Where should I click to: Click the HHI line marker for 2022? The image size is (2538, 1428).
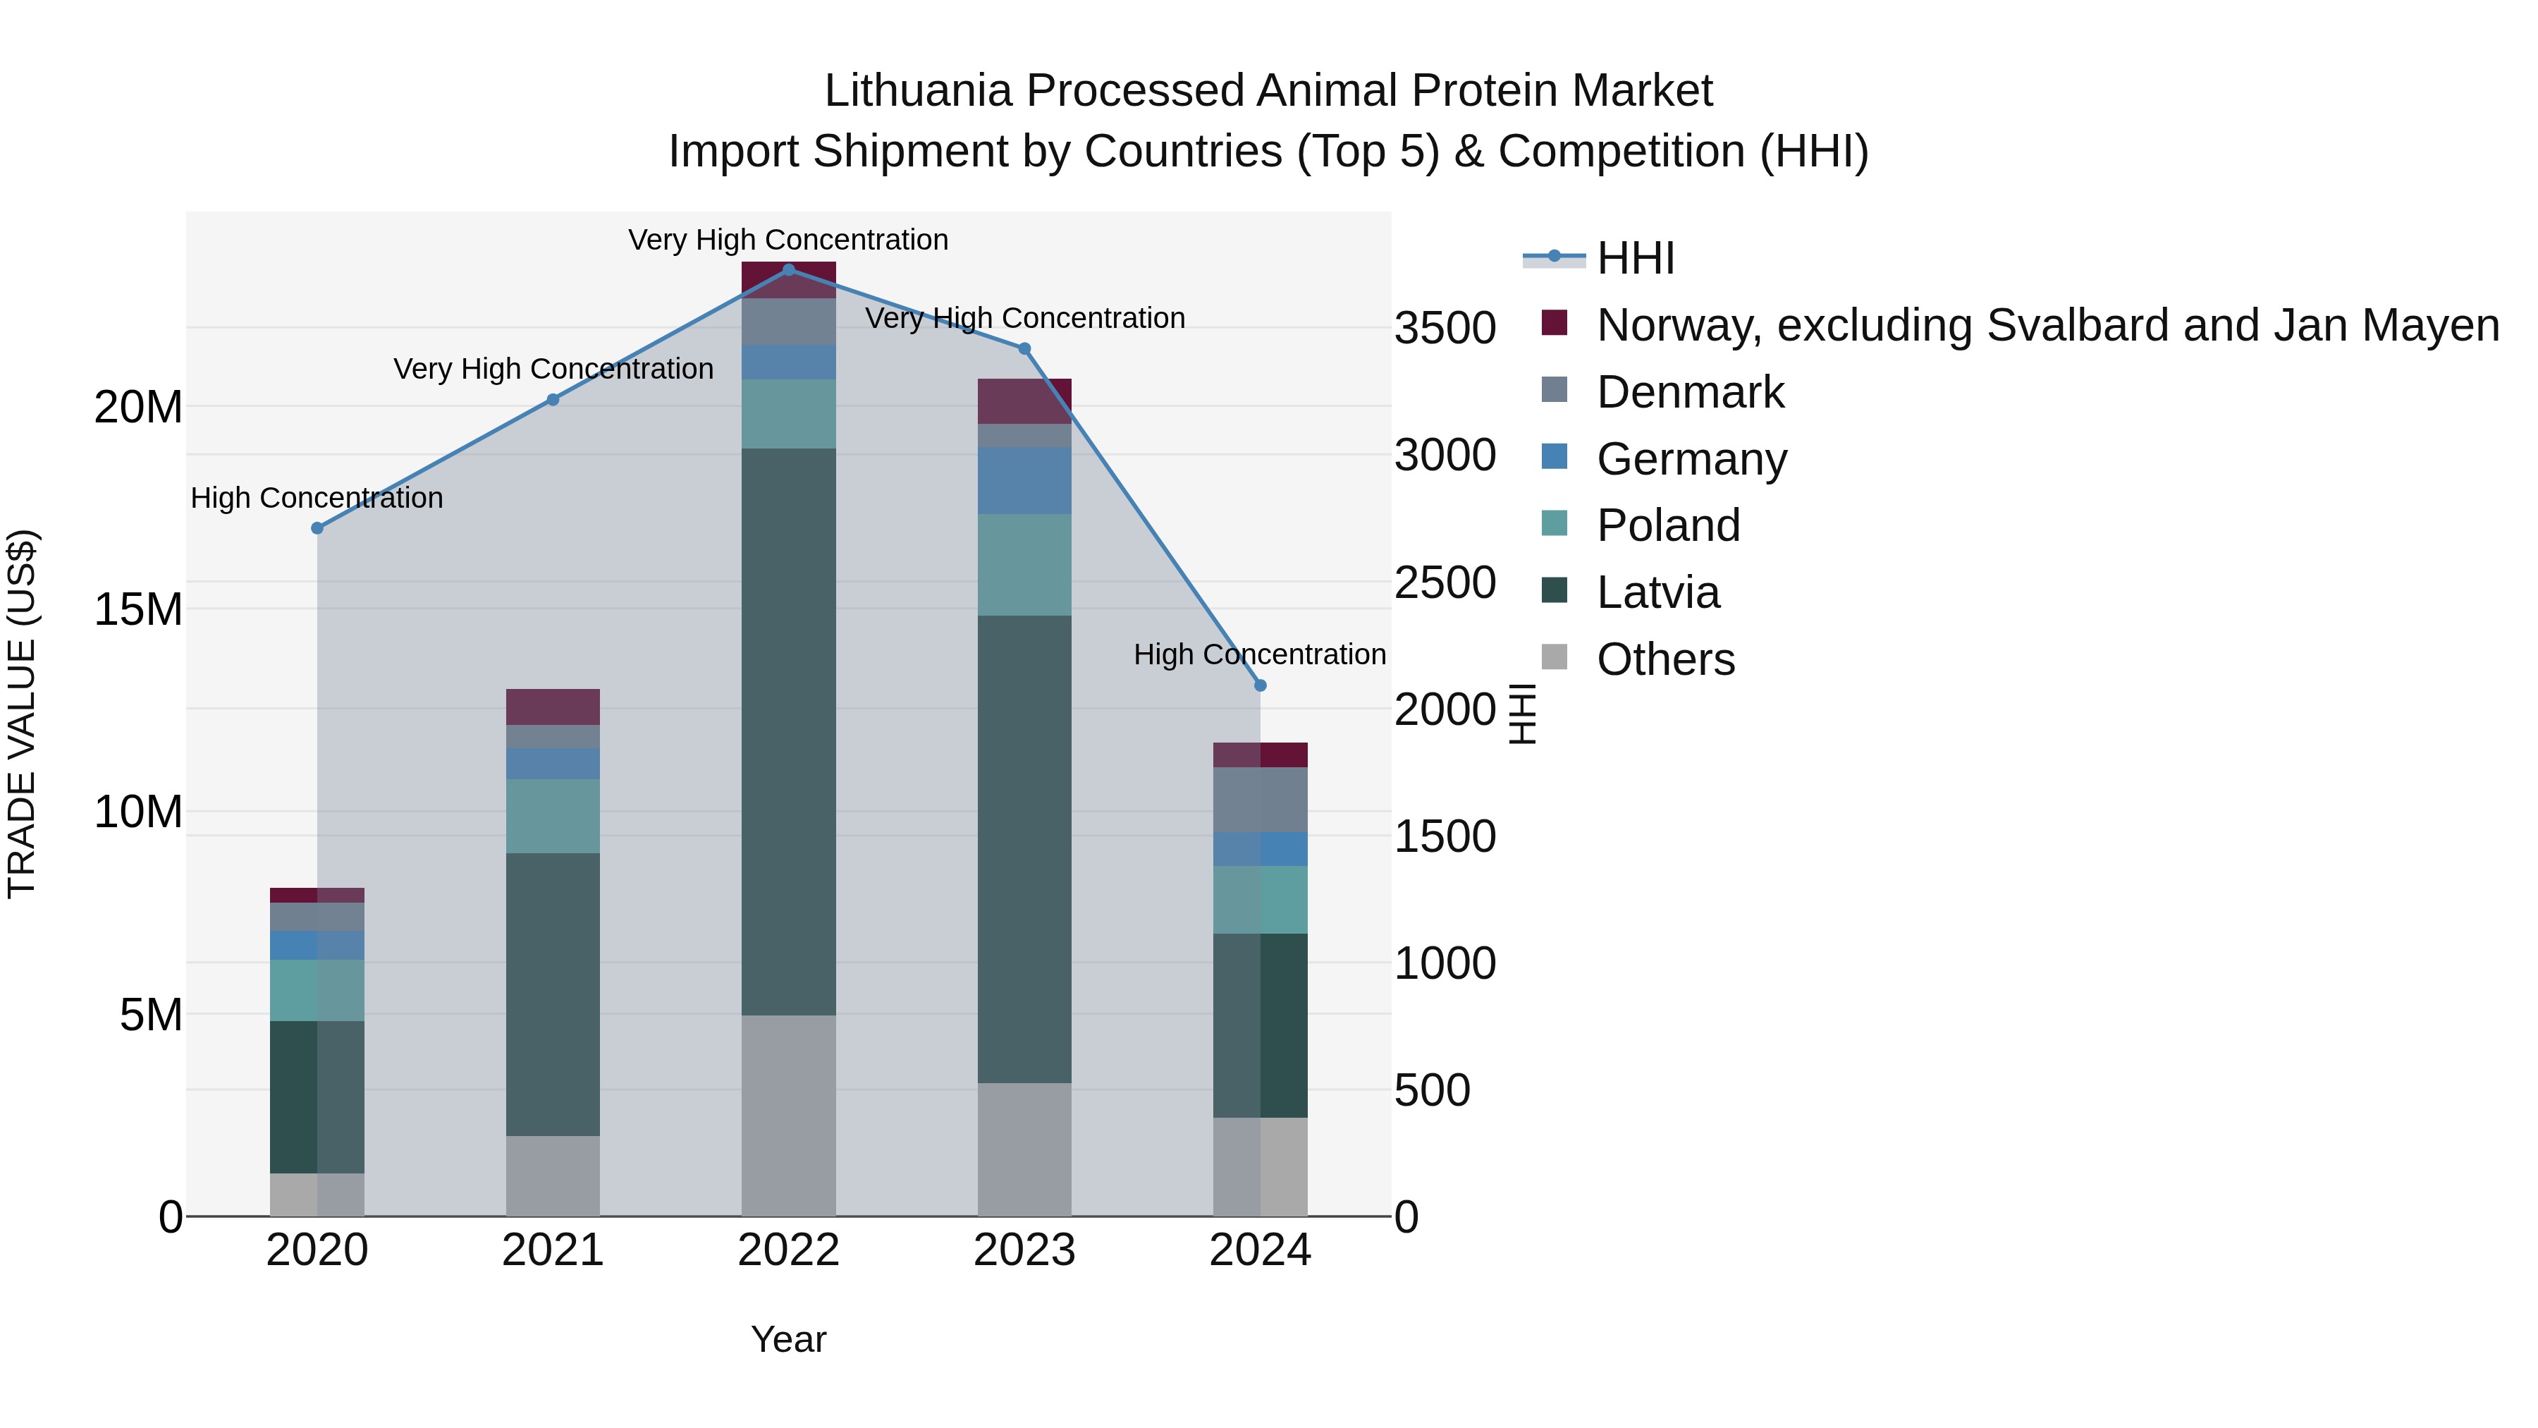pos(788,270)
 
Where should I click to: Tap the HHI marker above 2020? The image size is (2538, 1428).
pos(317,528)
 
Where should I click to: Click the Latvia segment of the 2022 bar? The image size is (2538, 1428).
pos(788,731)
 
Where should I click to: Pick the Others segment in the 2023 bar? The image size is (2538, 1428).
pos(1024,1149)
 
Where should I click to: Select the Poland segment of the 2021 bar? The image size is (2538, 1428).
pos(553,816)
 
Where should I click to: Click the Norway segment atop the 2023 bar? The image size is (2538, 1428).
pos(1024,401)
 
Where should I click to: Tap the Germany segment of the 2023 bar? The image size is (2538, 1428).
pos(1024,480)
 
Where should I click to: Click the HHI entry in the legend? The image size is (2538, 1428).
pos(1636,258)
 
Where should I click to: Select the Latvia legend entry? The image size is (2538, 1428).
pos(1657,592)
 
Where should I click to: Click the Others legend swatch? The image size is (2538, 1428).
pos(1554,657)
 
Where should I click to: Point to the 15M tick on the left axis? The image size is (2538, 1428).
pos(138,610)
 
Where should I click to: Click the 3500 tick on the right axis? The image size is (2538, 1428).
pos(1445,328)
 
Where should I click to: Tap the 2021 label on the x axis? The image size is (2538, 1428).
pos(553,1250)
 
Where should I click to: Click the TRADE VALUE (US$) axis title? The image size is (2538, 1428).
pos(22,714)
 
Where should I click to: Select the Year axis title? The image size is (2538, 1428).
pos(788,1339)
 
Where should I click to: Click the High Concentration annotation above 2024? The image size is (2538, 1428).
pos(1259,654)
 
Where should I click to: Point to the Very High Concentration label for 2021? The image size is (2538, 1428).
pos(553,369)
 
